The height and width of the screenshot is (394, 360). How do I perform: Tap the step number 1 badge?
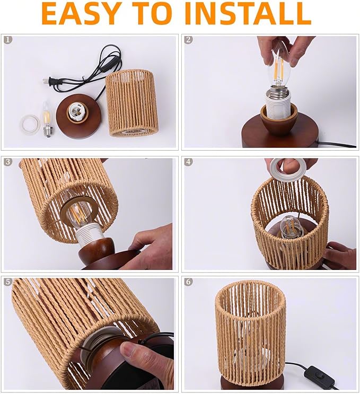[7, 40]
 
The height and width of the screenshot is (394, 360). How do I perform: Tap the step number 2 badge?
[188, 40]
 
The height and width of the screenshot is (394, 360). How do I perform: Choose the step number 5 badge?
[7, 282]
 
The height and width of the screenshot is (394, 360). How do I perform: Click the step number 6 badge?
[188, 282]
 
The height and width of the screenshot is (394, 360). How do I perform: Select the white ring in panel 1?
[30, 124]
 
